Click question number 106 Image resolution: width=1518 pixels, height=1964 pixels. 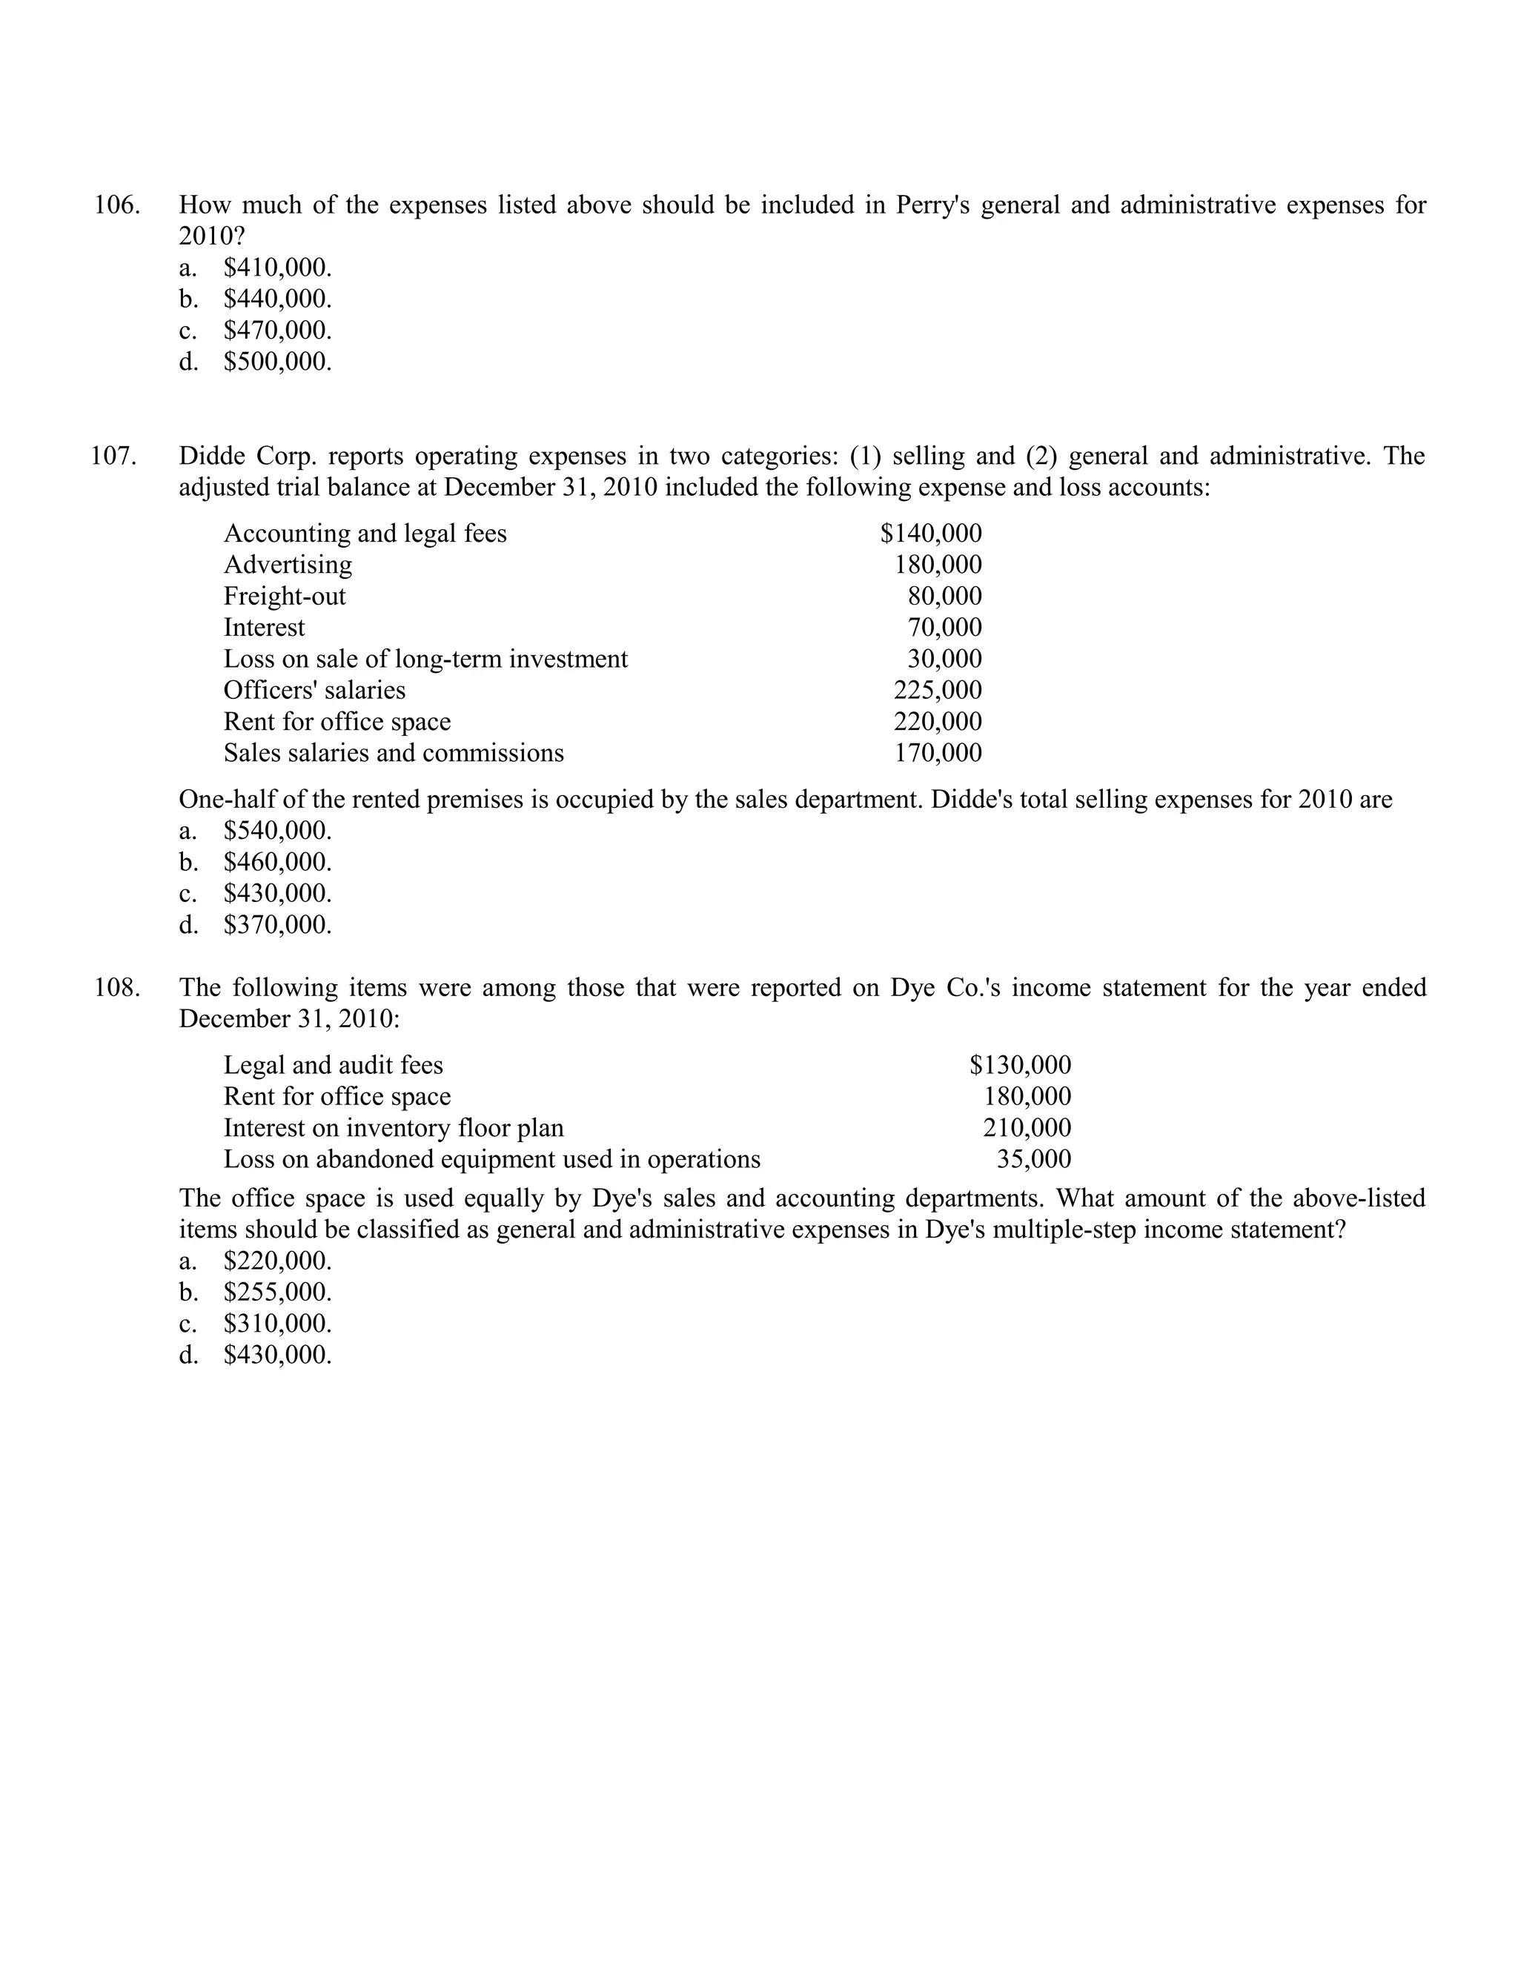[x=117, y=205]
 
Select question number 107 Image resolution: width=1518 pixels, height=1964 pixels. [x=114, y=456]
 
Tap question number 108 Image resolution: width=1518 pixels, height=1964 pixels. [x=117, y=987]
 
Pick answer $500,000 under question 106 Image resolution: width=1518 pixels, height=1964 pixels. [x=277, y=362]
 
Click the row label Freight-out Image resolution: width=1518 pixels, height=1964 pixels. [x=284, y=596]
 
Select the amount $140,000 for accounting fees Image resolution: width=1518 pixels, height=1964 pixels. [x=931, y=534]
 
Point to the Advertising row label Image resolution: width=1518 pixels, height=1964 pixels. [x=288, y=565]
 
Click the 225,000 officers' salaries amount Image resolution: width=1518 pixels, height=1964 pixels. [x=937, y=690]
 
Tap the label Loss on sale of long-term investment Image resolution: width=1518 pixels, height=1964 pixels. [x=425, y=659]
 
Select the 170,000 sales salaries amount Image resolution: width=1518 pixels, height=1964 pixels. [x=937, y=753]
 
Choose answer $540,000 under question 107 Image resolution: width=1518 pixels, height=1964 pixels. [x=277, y=830]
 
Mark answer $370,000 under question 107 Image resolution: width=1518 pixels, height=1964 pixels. [x=277, y=924]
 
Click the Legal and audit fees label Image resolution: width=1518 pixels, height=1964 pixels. [x=333, y=1066]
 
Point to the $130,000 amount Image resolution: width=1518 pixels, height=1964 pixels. [x=1020, y=1066]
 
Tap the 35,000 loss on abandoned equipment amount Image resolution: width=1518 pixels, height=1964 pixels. [x=1033, y=1159]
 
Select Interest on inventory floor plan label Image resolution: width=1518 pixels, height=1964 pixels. [x=393, y=1128]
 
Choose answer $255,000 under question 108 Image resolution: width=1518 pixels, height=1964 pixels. [x=277, y=1293]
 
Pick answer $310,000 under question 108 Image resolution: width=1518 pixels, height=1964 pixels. [x=277, y=1324]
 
